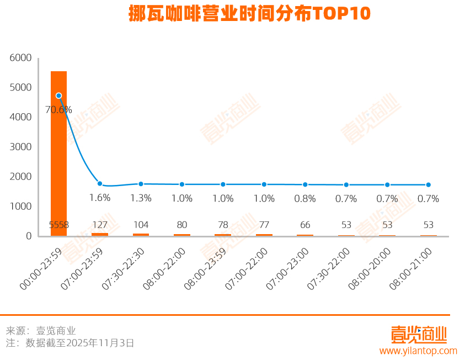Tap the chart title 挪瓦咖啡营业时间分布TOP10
249,13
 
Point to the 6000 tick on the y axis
21,58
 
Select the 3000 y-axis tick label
21,147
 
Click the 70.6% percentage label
58,109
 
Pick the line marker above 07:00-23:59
100,184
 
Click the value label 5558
59,225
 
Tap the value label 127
100,225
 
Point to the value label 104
141,225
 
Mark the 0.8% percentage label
305,198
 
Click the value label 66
305,225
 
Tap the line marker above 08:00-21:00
428,185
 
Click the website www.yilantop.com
418,351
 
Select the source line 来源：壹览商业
41,331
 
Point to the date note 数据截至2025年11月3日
79,343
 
